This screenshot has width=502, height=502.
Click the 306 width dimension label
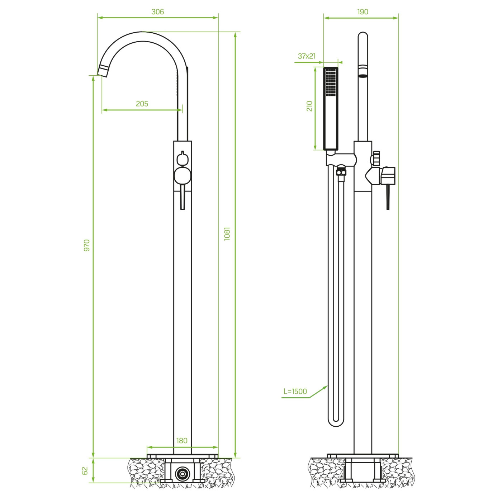[x=158, y=12]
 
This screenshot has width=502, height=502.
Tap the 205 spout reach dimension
[x=142, y=104]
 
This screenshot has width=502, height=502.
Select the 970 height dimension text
[x=87, y=245]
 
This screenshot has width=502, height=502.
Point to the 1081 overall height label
[x=227, y=234]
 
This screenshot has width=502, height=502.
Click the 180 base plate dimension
[x=182, y=441]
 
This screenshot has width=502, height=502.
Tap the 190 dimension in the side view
[x=363, y=12]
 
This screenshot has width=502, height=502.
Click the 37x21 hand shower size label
[x=307, y=56]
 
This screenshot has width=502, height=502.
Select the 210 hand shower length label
[x=309, y=106]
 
